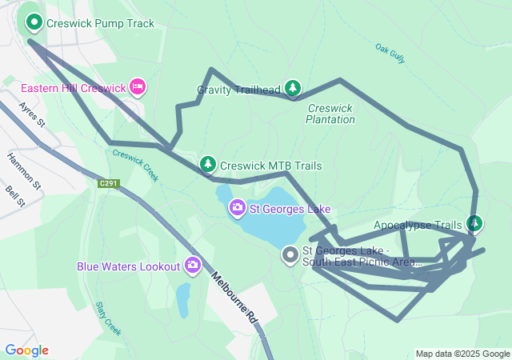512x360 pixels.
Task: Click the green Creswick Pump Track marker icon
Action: click(34, 23)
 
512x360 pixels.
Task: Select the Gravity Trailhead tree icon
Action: click(294, 88)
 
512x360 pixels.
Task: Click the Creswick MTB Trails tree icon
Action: click(208, 164)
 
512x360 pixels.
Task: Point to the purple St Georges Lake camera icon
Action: click(237, 209)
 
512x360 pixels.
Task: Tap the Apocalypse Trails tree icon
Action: click(474, 223)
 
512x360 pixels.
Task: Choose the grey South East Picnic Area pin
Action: click(290, 255)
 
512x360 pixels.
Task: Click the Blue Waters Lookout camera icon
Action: click(193, 265)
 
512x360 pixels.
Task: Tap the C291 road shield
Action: click(109, 184)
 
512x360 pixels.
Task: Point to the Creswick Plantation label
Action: click(330, 114)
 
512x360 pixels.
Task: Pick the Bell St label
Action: click(14, 198)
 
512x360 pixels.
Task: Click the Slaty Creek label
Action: click(107, 318)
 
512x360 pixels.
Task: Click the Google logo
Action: click(26, 350)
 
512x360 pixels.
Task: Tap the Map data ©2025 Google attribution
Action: click(462, 354)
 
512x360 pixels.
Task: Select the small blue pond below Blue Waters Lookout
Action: click(183, 299)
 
